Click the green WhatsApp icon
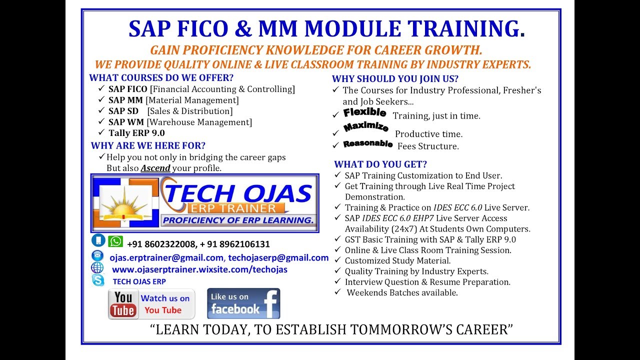click(115, 241)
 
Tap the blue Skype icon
click(98, 280)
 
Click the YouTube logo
click(123, 304)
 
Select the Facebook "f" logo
click(270, 303)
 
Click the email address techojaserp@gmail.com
click(278, 258)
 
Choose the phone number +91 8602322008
click(160, 244)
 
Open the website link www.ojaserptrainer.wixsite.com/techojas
click(199, 270)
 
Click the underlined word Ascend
click(155, 168)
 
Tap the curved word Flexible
click(364, 112)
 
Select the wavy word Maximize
click(366, 127)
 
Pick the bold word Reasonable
click(368, 144)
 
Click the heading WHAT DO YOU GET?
click(380, 164)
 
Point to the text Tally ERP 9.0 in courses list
click(136, 133)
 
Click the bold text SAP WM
click(126, 122)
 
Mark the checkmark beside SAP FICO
click(101, 89)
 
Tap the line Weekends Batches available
click(402, 293)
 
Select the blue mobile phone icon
click(98, 240)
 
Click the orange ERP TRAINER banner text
click(232, 208)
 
